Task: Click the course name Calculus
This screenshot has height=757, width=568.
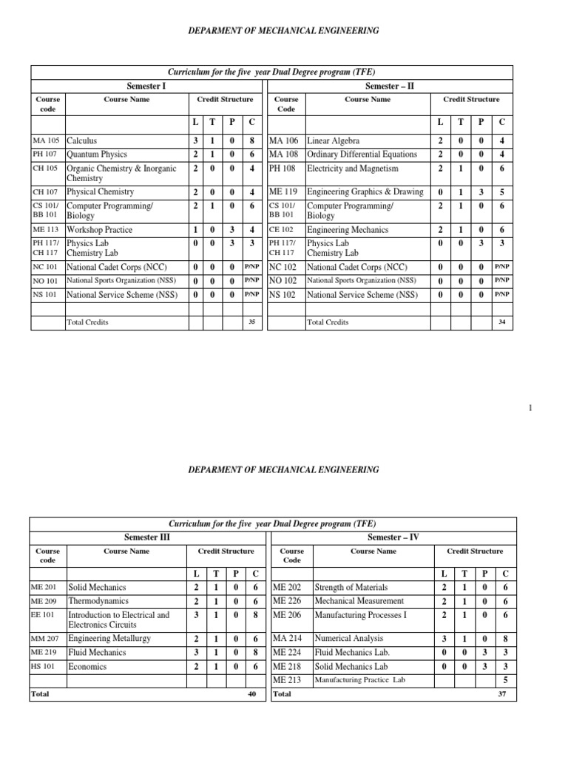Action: coord(81,140)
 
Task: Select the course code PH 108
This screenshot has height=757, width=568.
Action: coord(281,169)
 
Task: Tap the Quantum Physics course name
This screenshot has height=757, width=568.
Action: coord(97,155)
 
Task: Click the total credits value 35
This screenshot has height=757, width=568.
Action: coord(252,322)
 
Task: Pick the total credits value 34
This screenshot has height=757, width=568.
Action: coord(503,322)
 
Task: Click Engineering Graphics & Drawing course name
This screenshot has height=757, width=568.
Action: coord(365,192)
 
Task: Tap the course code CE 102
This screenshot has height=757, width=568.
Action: coord(281,231)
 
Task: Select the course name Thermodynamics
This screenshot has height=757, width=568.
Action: coord(98,601)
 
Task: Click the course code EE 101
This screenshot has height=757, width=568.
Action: coord(44,615)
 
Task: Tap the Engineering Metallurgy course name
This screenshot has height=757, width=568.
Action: coord(109,638)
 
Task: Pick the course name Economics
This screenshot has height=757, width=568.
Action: coord(87,667)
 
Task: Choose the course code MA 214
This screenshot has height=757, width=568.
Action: coord(286,638)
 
